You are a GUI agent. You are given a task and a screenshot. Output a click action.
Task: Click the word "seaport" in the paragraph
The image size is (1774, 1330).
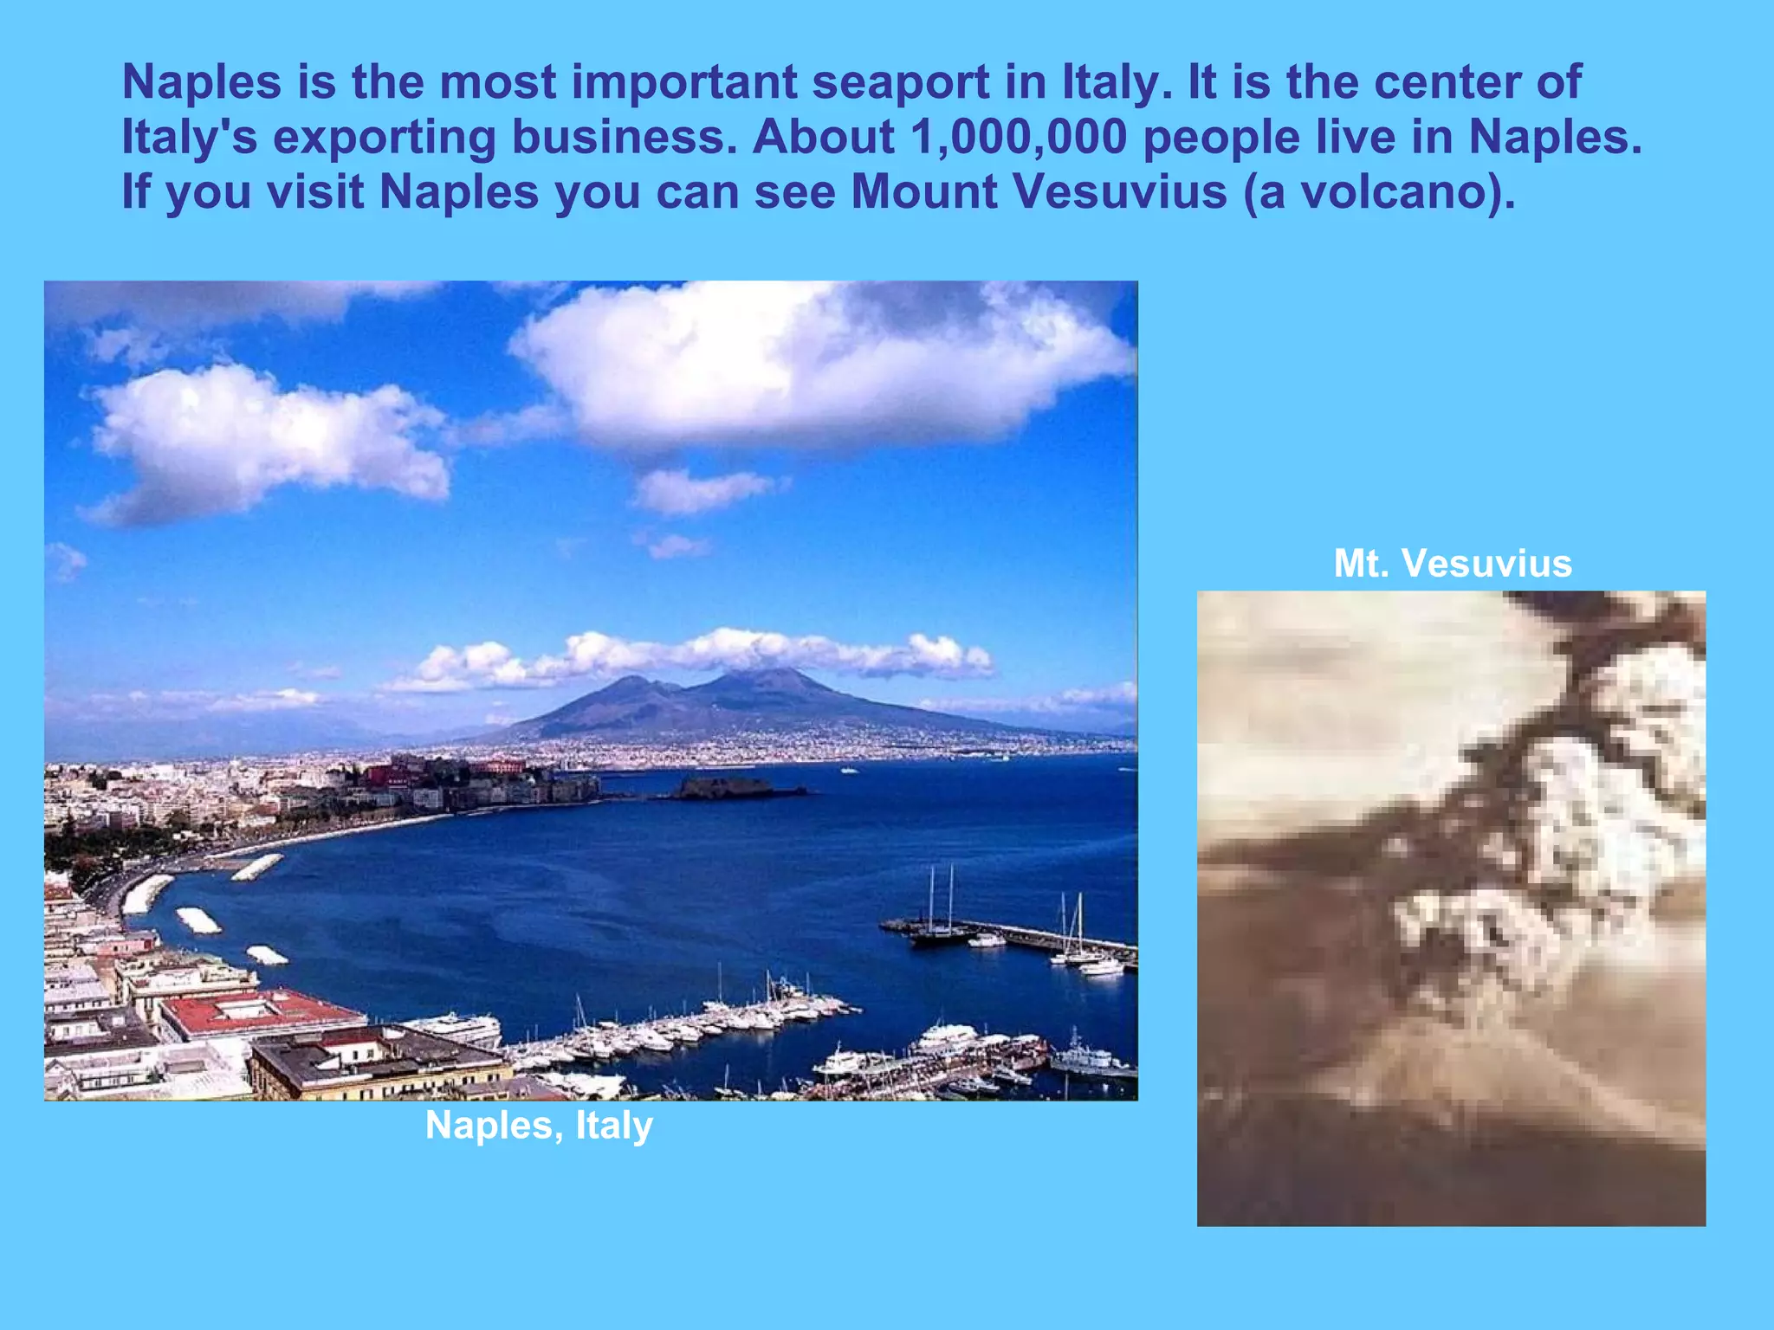(x=900, y=83)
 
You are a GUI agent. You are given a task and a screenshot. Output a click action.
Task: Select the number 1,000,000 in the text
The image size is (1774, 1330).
(x=1019, y=138)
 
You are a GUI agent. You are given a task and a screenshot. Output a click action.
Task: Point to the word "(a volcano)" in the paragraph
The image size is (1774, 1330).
(x=1379, y=192)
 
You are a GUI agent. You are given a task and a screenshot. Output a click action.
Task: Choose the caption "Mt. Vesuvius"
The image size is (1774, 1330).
(x=1453, y=564)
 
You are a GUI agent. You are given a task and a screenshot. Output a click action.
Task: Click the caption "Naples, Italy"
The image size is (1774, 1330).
(x=539, y=1126)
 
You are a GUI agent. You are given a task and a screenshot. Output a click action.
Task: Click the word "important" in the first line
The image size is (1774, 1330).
(x=684, y=83)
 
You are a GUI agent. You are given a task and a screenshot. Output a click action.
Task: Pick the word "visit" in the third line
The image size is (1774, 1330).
(x=315, y=192)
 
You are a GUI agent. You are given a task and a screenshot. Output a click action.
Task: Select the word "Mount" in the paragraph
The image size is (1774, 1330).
(x=924, y=192)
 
